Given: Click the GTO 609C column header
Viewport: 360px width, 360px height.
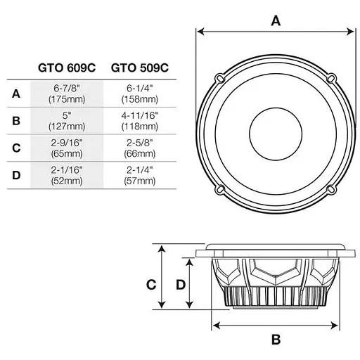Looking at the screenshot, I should click(67, 68).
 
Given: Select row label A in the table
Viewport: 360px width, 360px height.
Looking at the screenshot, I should click(15, 94).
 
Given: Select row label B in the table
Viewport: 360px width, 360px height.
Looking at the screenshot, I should click(15, 121).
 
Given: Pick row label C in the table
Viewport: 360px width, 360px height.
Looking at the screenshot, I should click(15, 148).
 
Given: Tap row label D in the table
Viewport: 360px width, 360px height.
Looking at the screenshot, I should click(15, 174).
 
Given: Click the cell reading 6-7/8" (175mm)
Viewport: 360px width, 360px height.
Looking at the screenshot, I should click(67, 94).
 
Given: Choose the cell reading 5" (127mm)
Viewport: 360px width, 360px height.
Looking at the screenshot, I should click(67, 121).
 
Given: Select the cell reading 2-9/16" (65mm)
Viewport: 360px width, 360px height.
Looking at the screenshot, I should click(67, 148).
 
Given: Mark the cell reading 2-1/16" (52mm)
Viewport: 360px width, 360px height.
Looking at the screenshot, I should click(67, 174).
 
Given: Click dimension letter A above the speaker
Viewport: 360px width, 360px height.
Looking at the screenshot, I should click(276, 20).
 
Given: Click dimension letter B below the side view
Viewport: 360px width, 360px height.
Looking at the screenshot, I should click(276, 340).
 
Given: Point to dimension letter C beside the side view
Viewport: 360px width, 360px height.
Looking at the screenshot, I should click(150, 284).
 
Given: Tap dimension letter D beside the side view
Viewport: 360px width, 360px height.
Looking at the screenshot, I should click(180, 284).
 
